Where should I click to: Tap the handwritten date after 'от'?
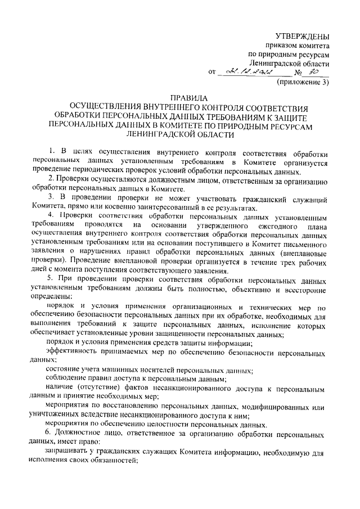248,73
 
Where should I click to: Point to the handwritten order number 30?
315,72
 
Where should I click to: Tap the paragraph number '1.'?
51,152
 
